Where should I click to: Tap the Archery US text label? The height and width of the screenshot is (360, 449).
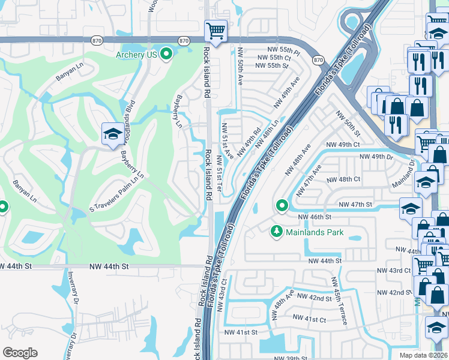136,55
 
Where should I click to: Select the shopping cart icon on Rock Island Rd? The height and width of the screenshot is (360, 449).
215,30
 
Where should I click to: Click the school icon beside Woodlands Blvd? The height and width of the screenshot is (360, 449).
112,134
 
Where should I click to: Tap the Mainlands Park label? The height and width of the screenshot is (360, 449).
315,232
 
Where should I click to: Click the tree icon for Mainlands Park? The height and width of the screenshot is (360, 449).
277,231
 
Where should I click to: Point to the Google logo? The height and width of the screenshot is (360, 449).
20,353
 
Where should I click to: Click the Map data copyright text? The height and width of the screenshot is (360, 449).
424,355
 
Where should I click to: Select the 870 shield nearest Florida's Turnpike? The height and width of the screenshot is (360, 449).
318,60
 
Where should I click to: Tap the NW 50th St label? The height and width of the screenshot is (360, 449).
348,124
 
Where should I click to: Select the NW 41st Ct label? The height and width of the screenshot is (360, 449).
309,319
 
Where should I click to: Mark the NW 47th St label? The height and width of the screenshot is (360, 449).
356,205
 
